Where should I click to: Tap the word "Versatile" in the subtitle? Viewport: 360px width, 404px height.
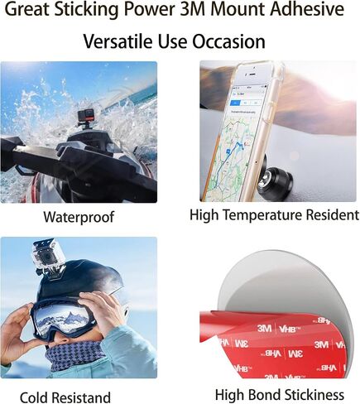click(118, 41)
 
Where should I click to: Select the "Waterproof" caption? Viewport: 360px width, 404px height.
click(79, 217)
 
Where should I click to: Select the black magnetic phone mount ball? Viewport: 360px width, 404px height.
click(277, 182)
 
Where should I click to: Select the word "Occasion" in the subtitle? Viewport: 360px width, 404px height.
click(228, 41)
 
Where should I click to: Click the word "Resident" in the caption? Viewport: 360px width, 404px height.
click(333, 215)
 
